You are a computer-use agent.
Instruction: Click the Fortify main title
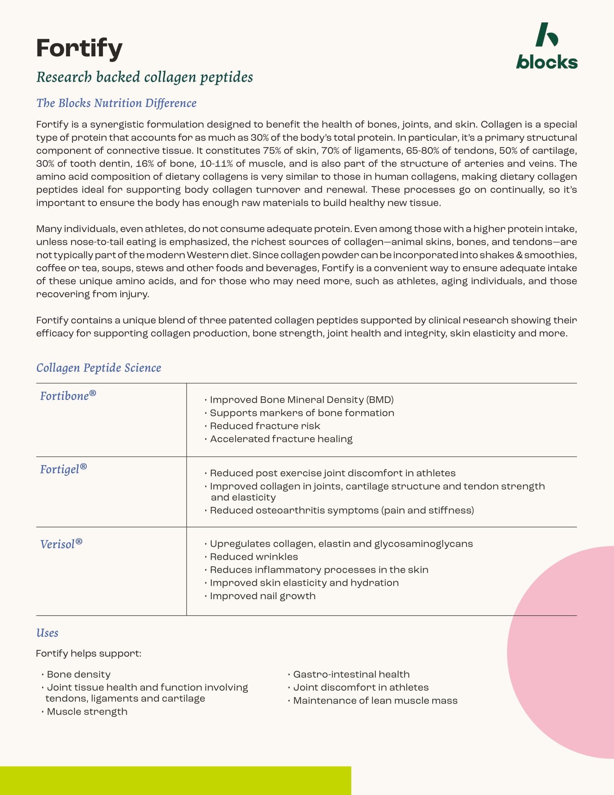pyautogui.click(x=79, y=48)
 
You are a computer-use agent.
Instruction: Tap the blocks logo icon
pyautogui.click(x=546, y=35)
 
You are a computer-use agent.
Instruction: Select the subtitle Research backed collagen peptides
pyautogui.click(x=144, y=77)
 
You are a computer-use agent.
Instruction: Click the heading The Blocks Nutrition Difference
pyautogui.click(x=116, y=103)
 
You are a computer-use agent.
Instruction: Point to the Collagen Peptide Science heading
pyautogui.click(x=99, y=368)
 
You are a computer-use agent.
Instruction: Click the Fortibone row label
pyautogui.click(x=68, y=396)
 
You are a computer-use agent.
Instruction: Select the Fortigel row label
pyautogui.click(x=63, y=469)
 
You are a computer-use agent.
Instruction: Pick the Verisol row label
pyautogui.click(x=61, y=544)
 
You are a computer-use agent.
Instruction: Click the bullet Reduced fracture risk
pyautogui.click(x=265, y=426)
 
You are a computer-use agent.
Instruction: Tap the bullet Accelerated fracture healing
pyautogui.click(x=281, y=439)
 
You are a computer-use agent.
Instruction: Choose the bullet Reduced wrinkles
pyautogui.click(x=254, y=556)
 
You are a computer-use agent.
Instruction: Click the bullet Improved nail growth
pyautogui.click(x=263, y=596)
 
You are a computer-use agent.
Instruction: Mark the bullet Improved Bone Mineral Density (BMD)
pyautogui.click(x=302, y=400)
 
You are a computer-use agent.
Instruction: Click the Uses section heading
pyautogui.click(x=47, y=633)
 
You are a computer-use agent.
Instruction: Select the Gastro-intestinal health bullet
pyautogui.click(x=351, y=675)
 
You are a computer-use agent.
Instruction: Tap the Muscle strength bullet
pyautogui.click(x=87, y=712)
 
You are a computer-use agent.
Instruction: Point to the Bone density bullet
pyautogui.click(x=79, y=675)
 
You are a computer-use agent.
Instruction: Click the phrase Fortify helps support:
pyautogui.click(x=88, y=653)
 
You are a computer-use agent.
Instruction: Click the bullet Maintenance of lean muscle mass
pyautogui.click(x=375, y=701)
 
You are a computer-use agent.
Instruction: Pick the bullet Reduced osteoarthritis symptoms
pyautogui.click(x=342, y=510)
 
